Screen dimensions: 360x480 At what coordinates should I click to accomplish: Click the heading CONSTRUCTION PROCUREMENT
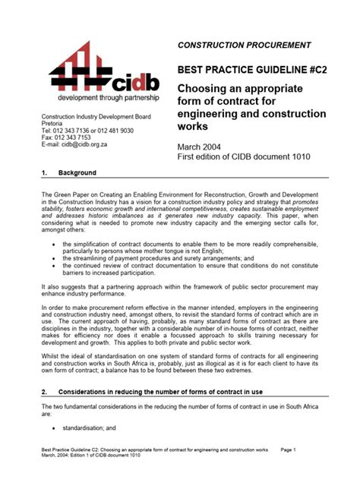[244, 46]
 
